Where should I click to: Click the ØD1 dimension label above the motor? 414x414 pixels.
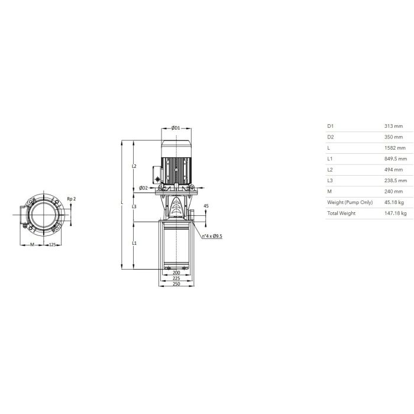(x=176, y=128)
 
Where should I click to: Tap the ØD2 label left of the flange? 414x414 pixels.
(x=143, y=188)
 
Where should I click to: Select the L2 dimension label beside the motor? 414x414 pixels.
(x=134, y=166)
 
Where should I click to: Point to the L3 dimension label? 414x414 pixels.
(x=134, y=206)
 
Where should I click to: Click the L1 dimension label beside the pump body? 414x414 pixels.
(x=134, y=243)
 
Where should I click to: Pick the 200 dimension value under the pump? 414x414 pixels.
(x=176, y=273)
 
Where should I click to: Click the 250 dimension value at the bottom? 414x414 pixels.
(x=176, y=284)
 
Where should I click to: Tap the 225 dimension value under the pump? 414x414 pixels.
(x=176, y=278)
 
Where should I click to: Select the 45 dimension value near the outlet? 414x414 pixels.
(x=206, y=206)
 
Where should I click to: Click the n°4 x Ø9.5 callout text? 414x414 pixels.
(x=212, y=236)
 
